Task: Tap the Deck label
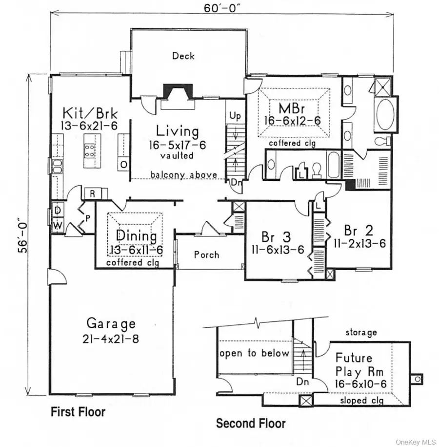[x=183, y=56]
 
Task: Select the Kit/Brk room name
[x=90, y=110]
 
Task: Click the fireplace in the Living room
[x=177, y=93]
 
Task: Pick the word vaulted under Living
[x=177, y=156]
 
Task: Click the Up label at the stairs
[x=235, y=117]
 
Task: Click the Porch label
[x=206, y=255]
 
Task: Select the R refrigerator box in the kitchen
[x=92, y=192]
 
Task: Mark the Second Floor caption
[x=251, y=423]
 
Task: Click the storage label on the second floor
[x=361, y=332]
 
